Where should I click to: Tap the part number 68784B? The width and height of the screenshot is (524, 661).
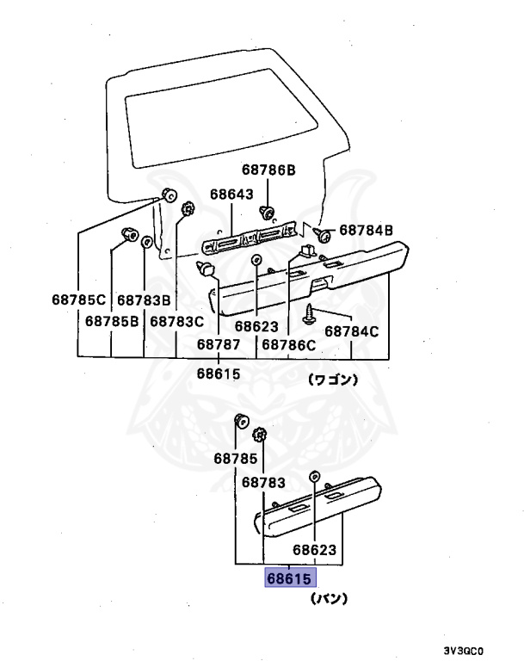366,230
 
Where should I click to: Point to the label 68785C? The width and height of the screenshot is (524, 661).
77,300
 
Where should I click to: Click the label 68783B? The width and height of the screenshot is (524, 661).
144,300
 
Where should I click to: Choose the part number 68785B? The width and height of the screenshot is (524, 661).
112,321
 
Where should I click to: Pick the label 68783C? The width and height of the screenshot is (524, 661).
176,321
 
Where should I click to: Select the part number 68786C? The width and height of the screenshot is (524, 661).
289,343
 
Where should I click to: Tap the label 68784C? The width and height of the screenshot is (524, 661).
351,330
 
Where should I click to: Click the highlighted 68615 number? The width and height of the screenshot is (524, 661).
288,578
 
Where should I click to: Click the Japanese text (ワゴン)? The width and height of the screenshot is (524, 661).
334,379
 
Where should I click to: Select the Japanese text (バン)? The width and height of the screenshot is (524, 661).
328,598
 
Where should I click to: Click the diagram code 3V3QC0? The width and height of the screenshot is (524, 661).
474,651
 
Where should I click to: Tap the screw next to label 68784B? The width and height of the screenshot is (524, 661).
324,232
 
